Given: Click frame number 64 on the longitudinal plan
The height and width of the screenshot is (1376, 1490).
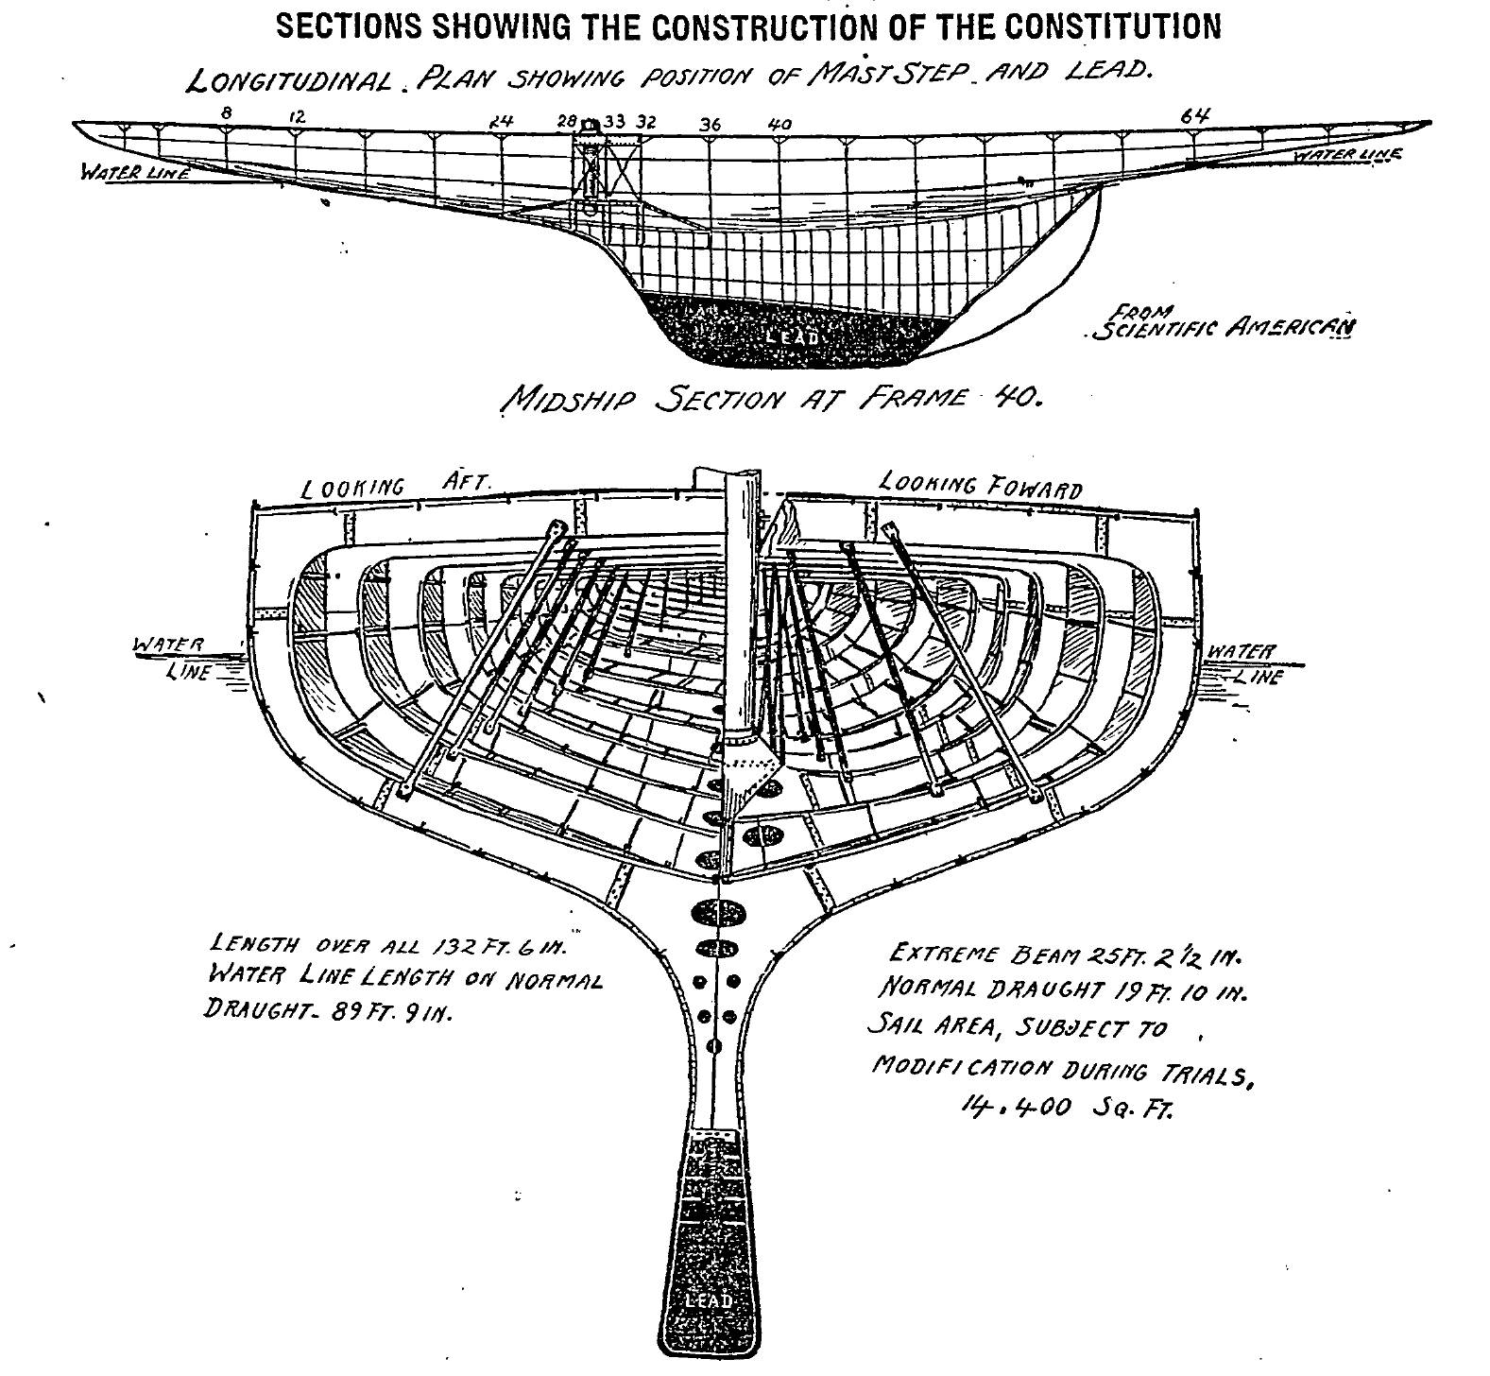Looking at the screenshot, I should tap(1194, 115).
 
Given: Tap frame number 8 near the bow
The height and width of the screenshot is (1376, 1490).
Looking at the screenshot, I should tap(227, 113).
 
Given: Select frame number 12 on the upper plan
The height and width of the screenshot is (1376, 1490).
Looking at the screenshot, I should tap(298, 116).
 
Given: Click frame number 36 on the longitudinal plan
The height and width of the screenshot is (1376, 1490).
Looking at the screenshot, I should tap(710, 124).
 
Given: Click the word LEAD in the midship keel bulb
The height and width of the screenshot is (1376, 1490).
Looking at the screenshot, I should tap(709, 1301).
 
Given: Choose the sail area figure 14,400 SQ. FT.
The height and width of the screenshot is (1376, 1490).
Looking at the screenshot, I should tap(1066, 1107).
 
